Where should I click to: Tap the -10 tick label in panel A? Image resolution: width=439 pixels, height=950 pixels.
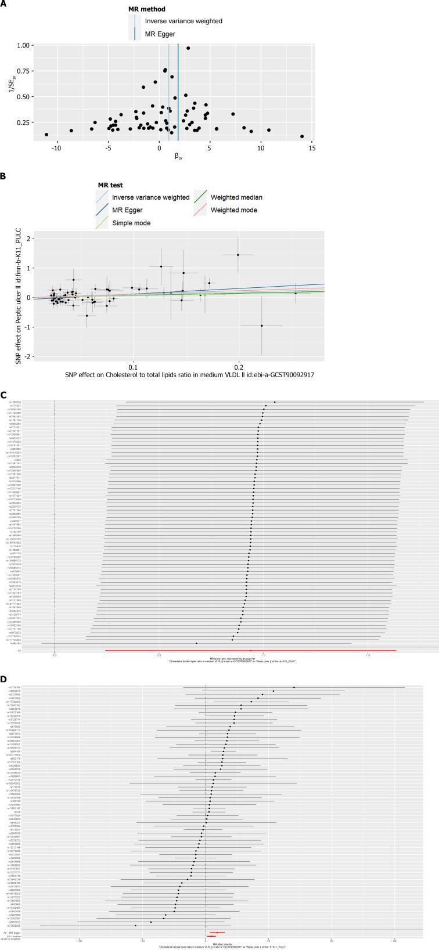[x=56, y=149]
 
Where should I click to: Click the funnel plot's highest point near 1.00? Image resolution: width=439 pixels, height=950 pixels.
[x=188, y=48]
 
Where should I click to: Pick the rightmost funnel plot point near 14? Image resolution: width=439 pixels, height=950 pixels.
[x=302, y=136]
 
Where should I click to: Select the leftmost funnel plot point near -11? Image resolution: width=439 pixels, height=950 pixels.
[x=46, y=135]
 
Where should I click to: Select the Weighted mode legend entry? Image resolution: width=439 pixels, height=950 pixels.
[x=234, y=210]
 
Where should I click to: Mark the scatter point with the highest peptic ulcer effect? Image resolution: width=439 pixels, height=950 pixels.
[x=238, y=255]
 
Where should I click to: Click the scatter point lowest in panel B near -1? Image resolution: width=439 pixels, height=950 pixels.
[x=261, y=326]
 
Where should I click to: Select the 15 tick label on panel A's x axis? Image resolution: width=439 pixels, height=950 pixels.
[x=312, y=149]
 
